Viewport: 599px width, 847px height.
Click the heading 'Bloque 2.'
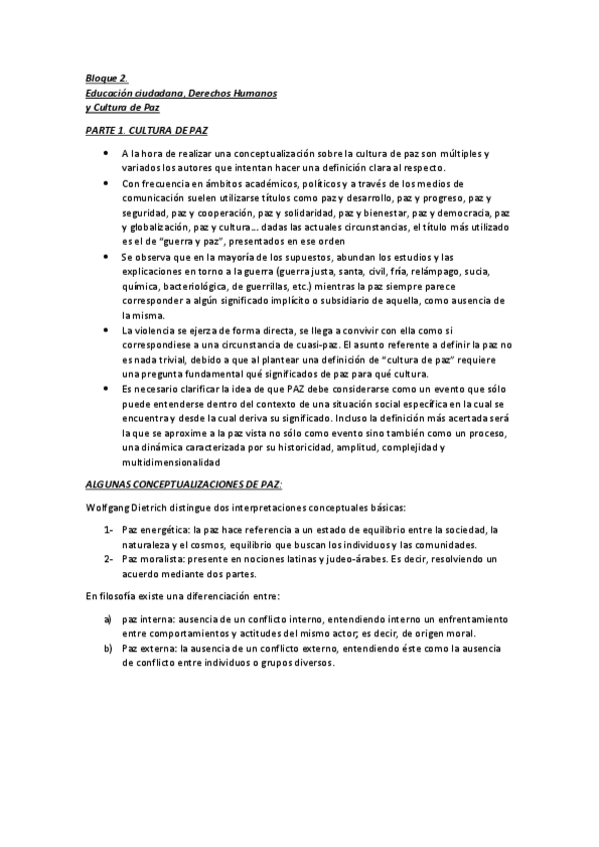[x=107, y=78]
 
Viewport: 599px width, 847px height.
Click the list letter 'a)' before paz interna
[x=108, y=619]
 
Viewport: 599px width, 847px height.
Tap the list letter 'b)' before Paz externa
[x=108, y=648]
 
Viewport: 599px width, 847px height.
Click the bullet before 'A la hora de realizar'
[x=106, y=154]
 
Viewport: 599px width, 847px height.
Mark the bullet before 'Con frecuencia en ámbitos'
[x=106, y=184]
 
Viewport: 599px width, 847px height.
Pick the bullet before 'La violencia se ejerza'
[x=106, y=330]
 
